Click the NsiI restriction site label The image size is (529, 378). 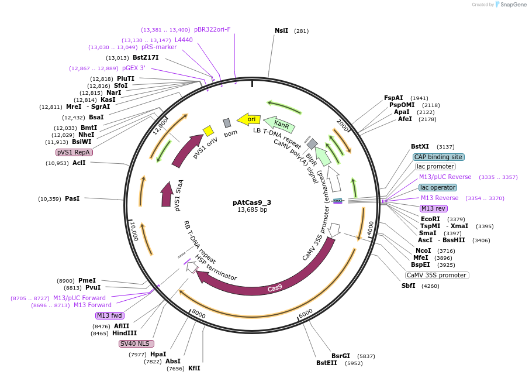(281, 30)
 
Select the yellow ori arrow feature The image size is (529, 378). (249, 119)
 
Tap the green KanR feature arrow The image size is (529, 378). (280, 123)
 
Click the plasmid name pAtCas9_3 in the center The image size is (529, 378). (252, 202)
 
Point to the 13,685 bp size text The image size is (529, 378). (252, 210)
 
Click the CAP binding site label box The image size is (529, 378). (438, 157)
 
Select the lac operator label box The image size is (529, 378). (437, 187)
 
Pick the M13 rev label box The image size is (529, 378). (433, 208)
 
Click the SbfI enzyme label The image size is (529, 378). (408, 286)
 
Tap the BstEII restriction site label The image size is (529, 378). (327, 363)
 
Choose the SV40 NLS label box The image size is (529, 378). (135, 343)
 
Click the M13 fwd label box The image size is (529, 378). (110, 315)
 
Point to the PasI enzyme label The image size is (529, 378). (72, 199)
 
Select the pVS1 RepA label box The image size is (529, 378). (74, 152)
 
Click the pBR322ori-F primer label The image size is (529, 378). (212, 29)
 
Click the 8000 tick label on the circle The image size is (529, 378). (199, 314)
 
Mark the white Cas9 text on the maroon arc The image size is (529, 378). (275, 288)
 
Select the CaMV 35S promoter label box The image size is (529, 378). (437, 275)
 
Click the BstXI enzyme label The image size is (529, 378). (420, 147)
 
